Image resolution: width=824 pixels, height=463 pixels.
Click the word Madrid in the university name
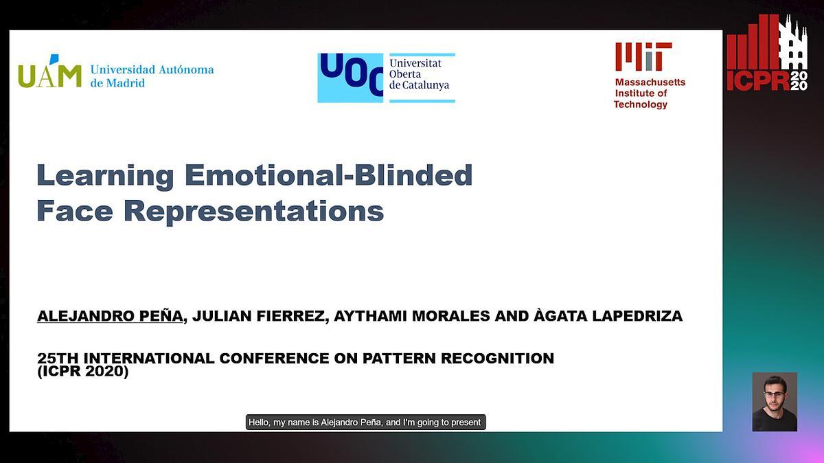[x=126, y=83]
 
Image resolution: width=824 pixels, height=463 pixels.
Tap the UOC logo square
[x=350, y=78]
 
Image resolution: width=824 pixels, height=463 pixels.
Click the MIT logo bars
[x=643, y=56]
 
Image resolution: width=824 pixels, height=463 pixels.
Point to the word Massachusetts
[x=650, y=82]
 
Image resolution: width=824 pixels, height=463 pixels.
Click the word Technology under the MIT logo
[x=641, y=104]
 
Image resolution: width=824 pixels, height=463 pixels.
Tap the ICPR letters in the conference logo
[x=758, y=81]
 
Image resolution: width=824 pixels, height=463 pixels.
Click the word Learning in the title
[x=105, y=177]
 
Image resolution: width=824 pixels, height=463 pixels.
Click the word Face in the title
[x=75, y=210]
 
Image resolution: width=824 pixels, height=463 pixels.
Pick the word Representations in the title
[x=254, y=212]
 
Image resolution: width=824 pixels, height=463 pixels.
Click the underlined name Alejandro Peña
[x=110, y=316]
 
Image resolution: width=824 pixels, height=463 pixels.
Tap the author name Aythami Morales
[x=412, y=316]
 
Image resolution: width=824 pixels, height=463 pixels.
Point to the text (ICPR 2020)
[x=83, y=372]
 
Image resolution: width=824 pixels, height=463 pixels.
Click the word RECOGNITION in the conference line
[x=497, y=358]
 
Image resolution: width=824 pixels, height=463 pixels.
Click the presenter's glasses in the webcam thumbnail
[x=775, y=394]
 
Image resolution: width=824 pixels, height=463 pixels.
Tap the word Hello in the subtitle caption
[x=259, y=422]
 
